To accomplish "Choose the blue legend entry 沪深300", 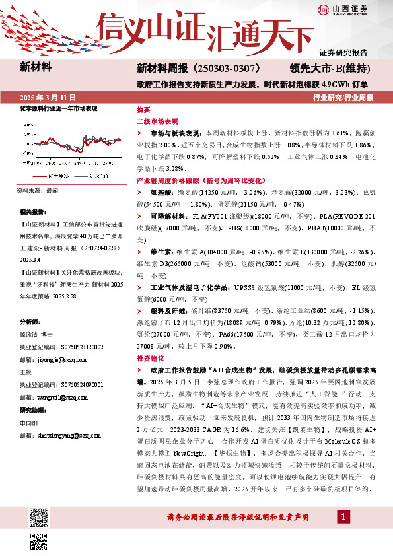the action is tap(96, 176).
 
